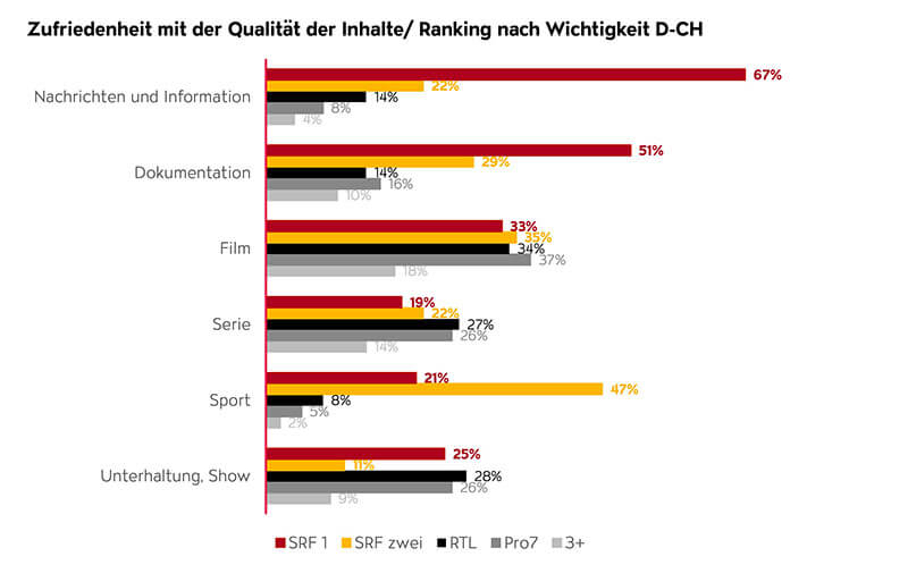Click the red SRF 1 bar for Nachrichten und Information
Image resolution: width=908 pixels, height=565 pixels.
506,75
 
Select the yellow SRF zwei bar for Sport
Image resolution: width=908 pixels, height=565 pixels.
434,389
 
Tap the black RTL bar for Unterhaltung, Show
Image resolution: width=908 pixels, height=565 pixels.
366,476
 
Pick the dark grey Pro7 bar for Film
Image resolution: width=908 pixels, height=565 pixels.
398,260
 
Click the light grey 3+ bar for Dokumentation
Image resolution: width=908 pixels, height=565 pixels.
302,196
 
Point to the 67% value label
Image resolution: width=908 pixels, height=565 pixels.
767,75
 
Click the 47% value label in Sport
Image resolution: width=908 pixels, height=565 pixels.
624,389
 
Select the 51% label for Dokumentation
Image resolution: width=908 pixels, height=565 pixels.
651,151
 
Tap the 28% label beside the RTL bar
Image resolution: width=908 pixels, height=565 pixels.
488,476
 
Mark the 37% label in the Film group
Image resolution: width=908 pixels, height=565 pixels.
552,260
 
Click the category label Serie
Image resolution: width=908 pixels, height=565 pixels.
231,324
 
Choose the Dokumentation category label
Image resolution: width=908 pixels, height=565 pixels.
192,173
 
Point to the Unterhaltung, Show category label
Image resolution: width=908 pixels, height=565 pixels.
175,476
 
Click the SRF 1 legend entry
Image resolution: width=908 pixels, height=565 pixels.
302,543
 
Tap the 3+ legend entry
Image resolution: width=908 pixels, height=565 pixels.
569,543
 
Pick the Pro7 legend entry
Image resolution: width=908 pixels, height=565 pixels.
515,543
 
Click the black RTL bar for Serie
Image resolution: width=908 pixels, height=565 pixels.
363,324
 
